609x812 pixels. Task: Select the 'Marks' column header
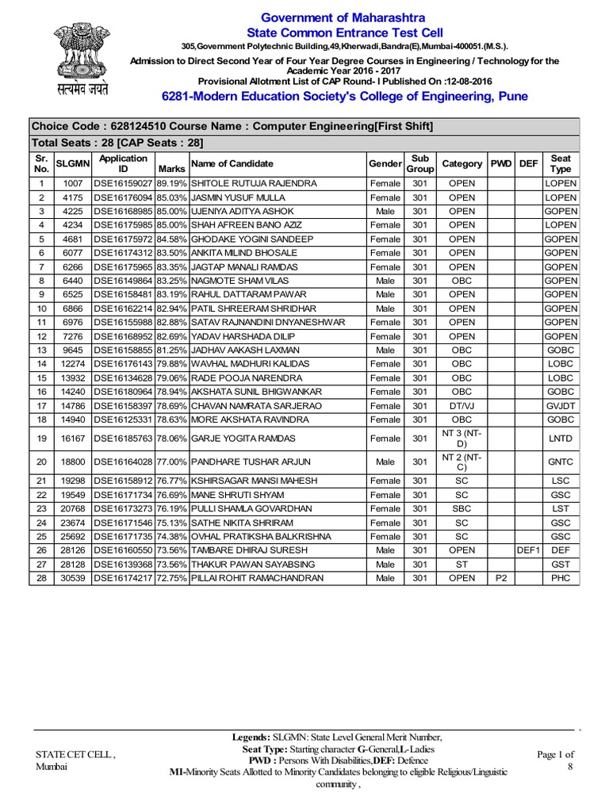172,169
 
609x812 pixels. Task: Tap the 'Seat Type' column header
561,163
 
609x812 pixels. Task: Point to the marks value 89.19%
172,184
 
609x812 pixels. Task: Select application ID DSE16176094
124,197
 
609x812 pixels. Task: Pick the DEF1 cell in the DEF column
527,550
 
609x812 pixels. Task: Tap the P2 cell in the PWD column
500,578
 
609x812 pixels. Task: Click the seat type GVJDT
561,405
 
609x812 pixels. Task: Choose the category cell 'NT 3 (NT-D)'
462,439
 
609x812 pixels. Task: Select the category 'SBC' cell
462,508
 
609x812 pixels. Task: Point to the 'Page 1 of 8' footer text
555,760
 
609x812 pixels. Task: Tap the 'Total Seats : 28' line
117,143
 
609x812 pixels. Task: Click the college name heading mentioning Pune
344,97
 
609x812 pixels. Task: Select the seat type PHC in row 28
561,578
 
